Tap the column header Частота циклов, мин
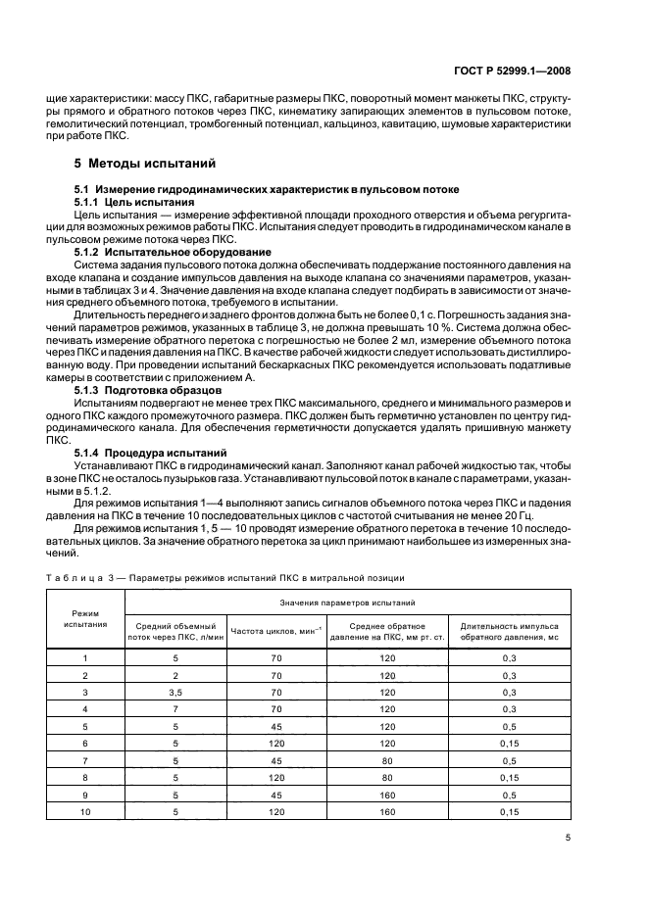[x=276, y=631]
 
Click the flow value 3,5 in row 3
[x=174, y=692]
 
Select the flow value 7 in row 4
[x=174, y=708]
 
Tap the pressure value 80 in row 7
[x=386, y=759]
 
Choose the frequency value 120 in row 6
[x=276, y=743]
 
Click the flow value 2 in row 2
[x=174, y=675]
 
